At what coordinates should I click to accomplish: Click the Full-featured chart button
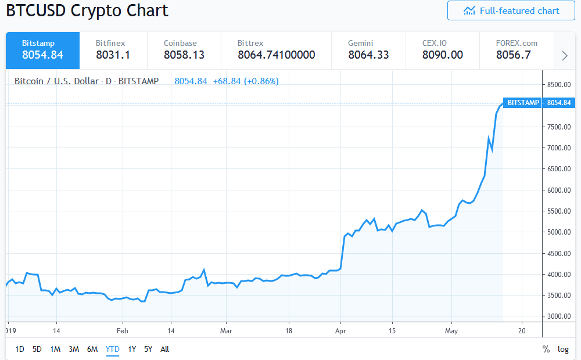pos(511,10)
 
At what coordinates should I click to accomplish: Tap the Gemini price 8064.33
pos(368,55)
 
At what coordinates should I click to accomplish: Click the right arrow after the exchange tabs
pos(564,56)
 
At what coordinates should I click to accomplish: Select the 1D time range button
pos(20,349)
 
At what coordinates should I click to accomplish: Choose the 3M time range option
pos(73,349)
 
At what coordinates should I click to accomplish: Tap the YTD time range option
pos(112,349)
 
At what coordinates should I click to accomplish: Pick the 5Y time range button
pos(148,349)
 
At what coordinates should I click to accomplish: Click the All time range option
pos(164,349)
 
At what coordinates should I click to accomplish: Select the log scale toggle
pos(563,349)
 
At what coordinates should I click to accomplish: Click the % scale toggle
pos(546,349)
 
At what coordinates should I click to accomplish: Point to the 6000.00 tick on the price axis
pos(558,190)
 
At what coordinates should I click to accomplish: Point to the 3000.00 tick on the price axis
pos(558,316)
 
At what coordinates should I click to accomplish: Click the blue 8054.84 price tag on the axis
pos(558,103)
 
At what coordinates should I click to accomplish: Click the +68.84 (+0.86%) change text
pos(245,81)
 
